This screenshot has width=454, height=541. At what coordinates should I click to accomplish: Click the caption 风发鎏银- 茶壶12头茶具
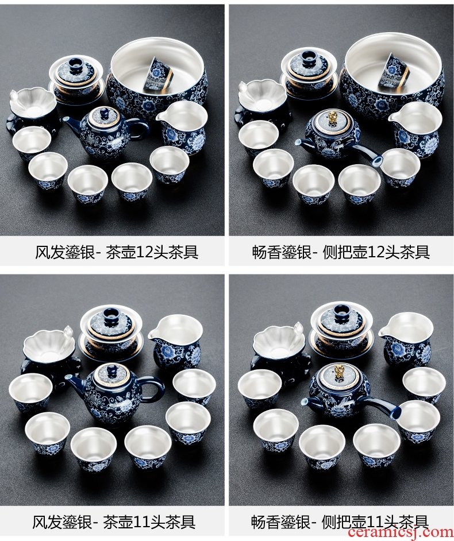coord(117,252)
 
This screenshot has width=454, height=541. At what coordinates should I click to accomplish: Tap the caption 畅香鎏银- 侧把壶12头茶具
coord(341,252)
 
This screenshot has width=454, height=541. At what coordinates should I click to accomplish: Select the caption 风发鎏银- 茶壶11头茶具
coord(114,522)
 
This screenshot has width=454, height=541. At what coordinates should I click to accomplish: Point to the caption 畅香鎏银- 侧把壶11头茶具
coord(340,522)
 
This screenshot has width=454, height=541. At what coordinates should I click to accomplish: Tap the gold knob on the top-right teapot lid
coord(333,118)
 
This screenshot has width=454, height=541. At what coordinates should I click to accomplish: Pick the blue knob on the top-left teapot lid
coord(104,112)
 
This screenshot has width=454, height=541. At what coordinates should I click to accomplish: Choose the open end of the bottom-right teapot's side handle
coord(397,411)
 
